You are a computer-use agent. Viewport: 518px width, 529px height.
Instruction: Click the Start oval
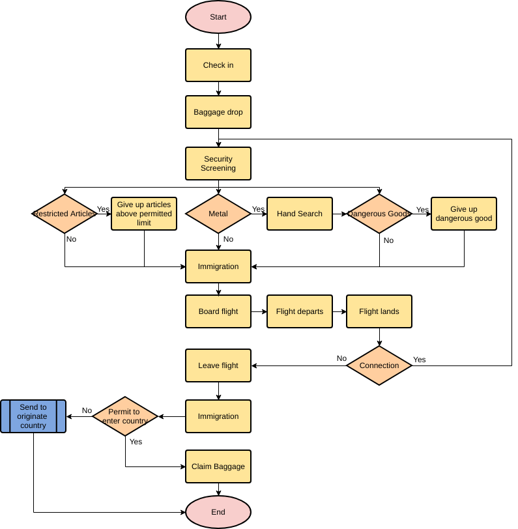(x=218, y=17)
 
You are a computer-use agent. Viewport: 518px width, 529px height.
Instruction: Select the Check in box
(x=218, y=65)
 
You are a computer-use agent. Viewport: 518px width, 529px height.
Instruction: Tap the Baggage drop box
(x=218, y=112)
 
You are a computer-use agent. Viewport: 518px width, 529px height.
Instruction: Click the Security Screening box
(x=218, y=164)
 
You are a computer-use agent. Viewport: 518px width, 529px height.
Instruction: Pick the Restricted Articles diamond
(x=65, y=214)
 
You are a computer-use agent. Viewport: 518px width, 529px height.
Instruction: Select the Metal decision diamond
(x=218, y=214)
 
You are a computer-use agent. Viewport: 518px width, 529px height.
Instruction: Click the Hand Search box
(x=300, y=214)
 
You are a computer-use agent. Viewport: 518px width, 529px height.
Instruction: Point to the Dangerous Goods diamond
(x=379, y=214)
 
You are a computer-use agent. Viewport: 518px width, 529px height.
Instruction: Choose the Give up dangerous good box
(x=464, y=214)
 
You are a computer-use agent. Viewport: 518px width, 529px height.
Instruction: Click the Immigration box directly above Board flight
(x=218, y=266)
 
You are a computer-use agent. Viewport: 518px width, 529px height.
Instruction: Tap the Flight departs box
(x=300, y=311)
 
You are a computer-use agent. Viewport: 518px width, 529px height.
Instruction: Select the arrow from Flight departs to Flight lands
(x=339, y=311)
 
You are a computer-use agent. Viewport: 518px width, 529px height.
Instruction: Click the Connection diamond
(x=379, y=365)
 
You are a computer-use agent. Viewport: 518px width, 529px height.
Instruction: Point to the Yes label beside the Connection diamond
(x=420, y=360)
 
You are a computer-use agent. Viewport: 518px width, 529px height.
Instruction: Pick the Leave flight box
(x=218, y=365)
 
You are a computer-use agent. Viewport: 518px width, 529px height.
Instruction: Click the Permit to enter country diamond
(x=125, y=416)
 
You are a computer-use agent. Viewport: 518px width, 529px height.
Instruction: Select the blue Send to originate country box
(x=33, y=416)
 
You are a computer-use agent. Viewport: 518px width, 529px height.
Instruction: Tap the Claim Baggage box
(x=218, y=466)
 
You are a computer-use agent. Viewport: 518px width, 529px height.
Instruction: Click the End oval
(x=218, y=512)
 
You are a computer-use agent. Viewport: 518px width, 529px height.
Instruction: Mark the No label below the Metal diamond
(x=228, y=239)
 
